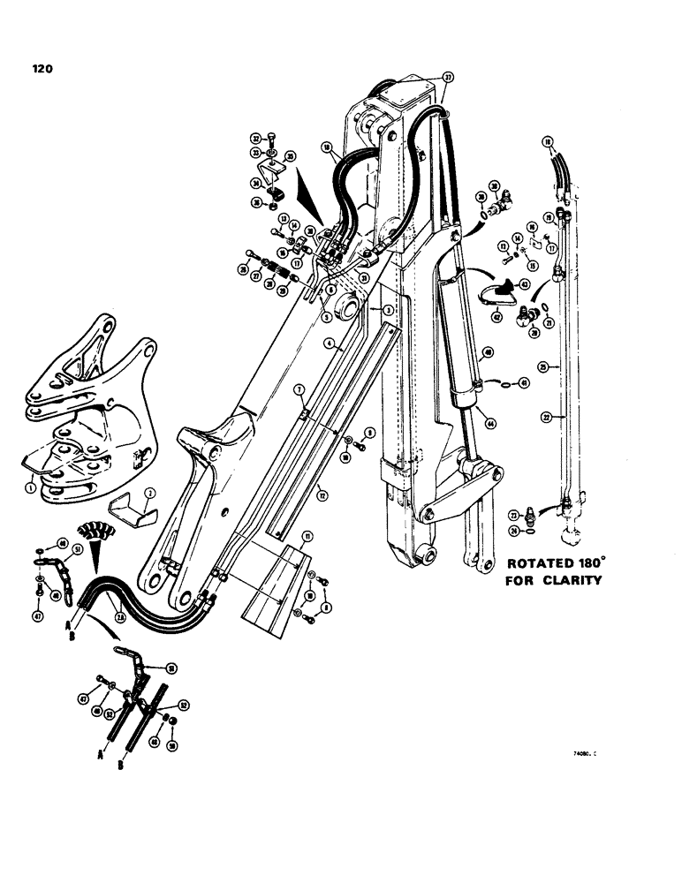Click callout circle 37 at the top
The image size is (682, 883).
click(x=448, y=78)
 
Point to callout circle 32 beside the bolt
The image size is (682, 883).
click(x=254, y=138)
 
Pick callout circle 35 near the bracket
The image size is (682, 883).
click(x=291, y=155)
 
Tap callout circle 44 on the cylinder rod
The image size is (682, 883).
click(x=490, y=423)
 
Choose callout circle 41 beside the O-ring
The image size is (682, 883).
click(x=524, y=383)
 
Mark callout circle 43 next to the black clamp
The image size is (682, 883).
click(x=524, y=284)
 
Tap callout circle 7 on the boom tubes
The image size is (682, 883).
click(x=299, y=389)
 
